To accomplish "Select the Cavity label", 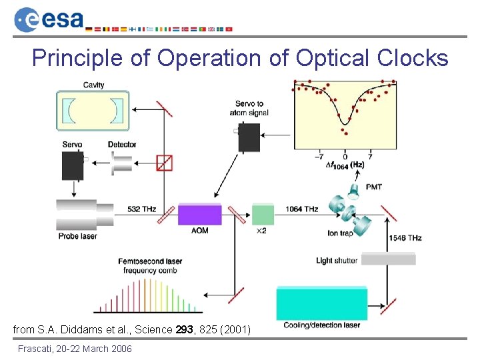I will (93, 85).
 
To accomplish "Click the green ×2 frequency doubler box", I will (263, 215).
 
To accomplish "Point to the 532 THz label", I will (142, 209).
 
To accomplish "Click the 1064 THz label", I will (302, 209).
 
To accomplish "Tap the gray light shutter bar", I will (387, 259).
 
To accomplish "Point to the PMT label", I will (374, 187).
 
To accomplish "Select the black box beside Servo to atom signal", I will (249, 137).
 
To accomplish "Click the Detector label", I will (122, 145).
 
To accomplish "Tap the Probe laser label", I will (77, 237).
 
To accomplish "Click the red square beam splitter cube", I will (164, 162).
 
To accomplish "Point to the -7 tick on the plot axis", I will (321, 157).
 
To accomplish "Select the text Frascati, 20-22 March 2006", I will (75, 349).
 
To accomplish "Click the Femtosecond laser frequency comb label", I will (150, 265).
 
